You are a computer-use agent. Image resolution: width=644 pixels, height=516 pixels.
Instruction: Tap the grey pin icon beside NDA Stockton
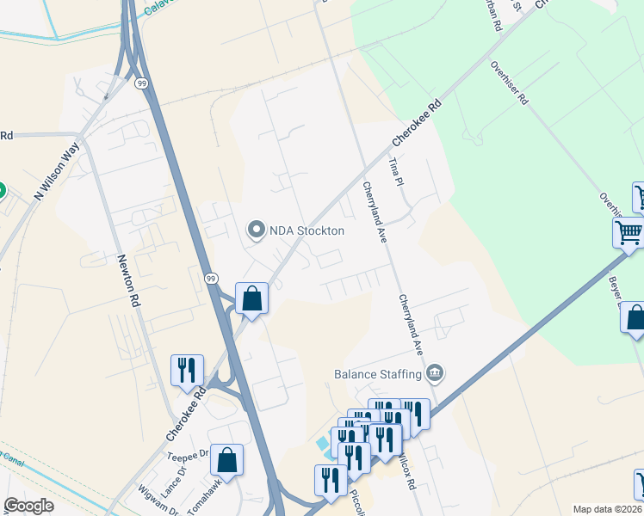tap(255, 230)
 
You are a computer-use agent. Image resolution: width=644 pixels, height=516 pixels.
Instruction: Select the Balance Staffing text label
tap(378, 373)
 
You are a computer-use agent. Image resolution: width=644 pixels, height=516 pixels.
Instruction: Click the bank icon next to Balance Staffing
tap(436, 372)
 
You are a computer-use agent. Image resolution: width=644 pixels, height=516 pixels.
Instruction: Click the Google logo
tap(28, 506)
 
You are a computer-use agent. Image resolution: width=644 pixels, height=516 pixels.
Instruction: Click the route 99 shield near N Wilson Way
tap(141, 83)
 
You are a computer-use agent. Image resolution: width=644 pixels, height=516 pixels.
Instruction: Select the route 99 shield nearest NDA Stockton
tap(211, 278)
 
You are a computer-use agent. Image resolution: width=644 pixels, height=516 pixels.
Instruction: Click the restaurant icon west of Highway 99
tap(188, 370)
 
